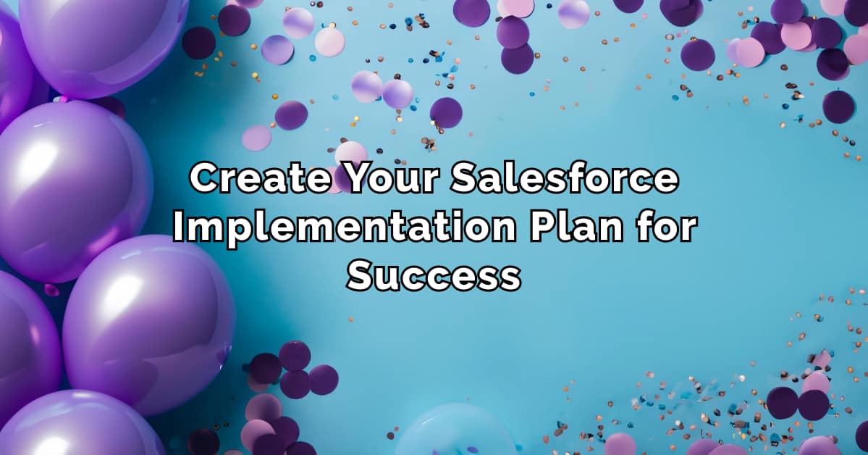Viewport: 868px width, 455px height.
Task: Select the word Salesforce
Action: [564, 180]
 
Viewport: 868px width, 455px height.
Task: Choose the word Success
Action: [434, 276]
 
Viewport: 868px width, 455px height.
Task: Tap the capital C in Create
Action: [205, 180]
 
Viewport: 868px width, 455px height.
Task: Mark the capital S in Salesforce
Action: [464, 180]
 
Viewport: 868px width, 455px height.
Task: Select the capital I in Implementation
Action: [177, 228]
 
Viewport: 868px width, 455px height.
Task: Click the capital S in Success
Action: [360, 276]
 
